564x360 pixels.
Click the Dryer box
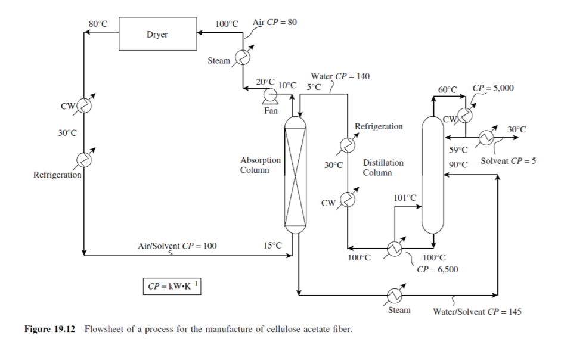(x=157, y=34)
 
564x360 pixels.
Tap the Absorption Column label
(x=260, y=165)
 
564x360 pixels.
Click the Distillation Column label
(x=383, y=167)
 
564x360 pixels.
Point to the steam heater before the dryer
(x=242, y=57)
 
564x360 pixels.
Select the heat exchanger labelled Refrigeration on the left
(x=84, y=159)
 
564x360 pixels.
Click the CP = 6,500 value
(x=437, y=269)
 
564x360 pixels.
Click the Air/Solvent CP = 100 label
(x=177, y=245)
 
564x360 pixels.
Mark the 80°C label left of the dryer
(x=98, y=24)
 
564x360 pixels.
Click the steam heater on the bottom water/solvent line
(x=393, y=294)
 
